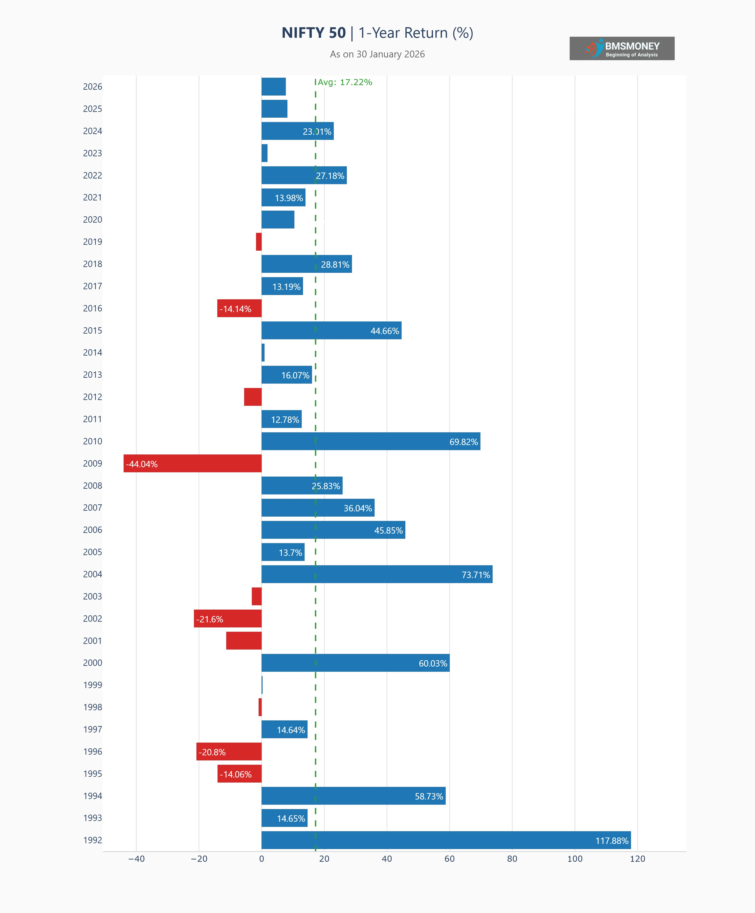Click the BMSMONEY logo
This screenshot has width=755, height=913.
[x=622, y=48]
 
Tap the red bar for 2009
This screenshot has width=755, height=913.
[x=193, y=463]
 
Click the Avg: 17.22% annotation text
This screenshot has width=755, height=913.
[x=345, y=82]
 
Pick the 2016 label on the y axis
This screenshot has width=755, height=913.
[x=93, y=308]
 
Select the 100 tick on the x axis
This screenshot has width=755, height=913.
[x=575, y=859]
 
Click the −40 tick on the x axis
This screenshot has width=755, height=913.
[x=136, y=859]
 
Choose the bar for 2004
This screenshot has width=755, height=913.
[x=377, y=574]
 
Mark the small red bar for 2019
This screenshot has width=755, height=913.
[x=259, y=242]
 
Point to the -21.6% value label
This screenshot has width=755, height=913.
[x=210, y=619]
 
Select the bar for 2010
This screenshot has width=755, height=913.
[x=371, y=441]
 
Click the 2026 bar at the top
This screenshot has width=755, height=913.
[x=273, y=86]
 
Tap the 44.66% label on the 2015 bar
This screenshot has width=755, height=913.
[x=384, y=331]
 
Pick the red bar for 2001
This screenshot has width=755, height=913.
[x=244, y=640]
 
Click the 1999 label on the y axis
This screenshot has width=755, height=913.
[x=93, y=685]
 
